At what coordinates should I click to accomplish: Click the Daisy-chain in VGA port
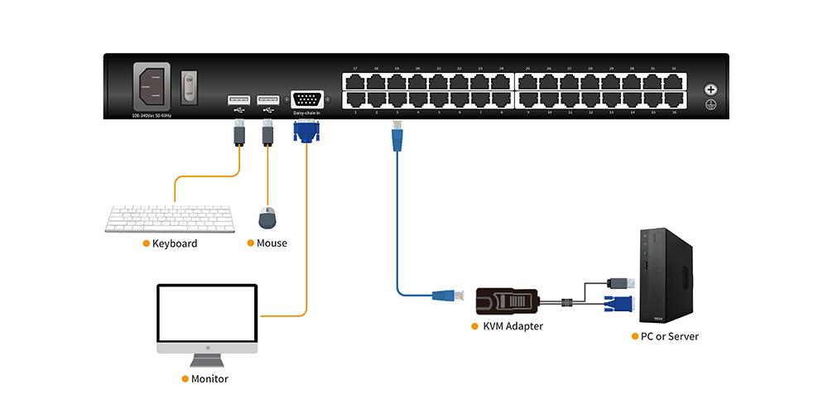(306, 99)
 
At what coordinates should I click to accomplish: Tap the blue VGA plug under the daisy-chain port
(306, 130)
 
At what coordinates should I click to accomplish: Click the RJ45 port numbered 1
(355, 99)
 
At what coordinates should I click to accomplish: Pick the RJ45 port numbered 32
(676, 81)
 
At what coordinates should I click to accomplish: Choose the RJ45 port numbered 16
(676, 99)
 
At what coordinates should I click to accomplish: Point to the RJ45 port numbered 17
(355, 81)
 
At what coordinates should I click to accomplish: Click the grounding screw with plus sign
(710, 89)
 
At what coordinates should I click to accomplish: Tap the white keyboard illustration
(171, 219)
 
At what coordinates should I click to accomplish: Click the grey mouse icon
(267, 219)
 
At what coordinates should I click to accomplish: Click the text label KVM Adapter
(513, 326)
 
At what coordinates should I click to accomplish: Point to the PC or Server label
(669, 337)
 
